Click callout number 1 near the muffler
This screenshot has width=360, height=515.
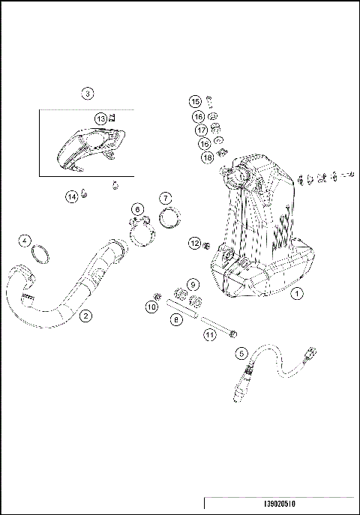[x=298, y=295]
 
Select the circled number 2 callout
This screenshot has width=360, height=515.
[x=86, y=316]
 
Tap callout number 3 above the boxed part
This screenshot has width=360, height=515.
[x=88, y=94]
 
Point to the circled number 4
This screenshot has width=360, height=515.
[x=25, y=241]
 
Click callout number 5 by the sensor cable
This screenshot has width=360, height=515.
[x=241, y=352]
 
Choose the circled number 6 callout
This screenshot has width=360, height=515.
[x=137, y=208]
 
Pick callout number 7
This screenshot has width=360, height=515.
[x=166, y=199]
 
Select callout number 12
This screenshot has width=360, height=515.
[x=193, y=243]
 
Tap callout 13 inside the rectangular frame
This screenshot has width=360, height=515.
[x=100, y=118]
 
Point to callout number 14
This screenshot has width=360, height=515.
[x=71, y=196]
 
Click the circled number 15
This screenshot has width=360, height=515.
[x=195, y=101]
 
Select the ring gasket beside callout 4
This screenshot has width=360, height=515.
[x=42, y=256]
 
